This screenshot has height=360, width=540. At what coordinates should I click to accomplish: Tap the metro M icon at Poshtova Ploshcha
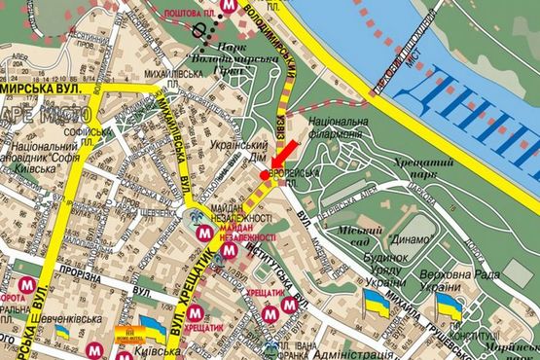click(228, 6)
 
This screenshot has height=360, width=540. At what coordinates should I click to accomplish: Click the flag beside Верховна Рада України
click(449, 306)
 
